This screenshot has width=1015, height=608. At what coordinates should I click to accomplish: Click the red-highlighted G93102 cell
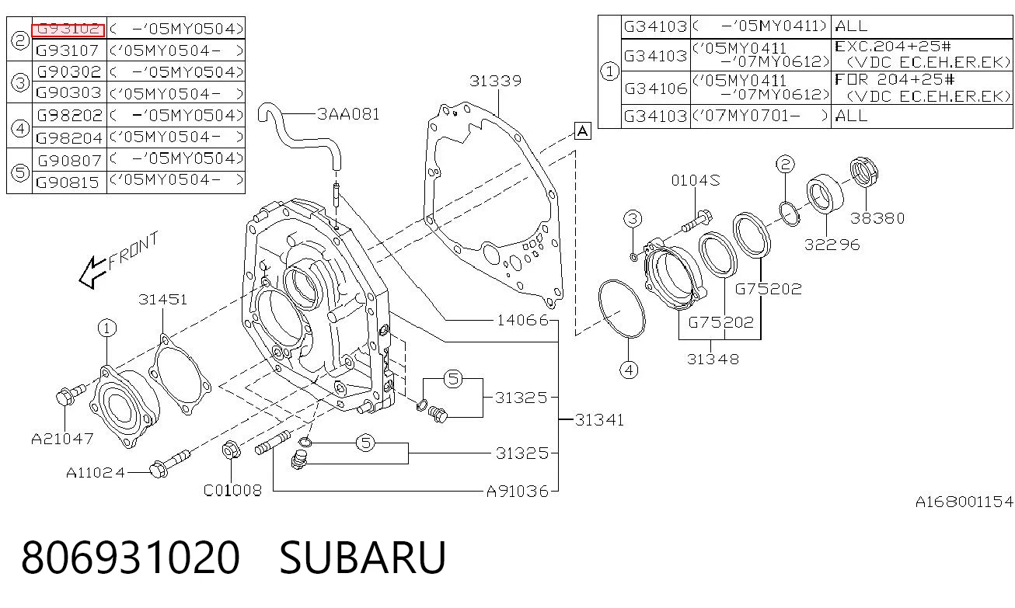(68, 30)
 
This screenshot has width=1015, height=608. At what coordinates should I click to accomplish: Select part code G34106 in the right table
(656, 88)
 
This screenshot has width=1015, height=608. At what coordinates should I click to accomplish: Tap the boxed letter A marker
(582, 131)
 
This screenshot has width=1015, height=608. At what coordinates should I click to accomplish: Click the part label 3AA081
(348, 114)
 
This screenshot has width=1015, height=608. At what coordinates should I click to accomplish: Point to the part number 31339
(495, 81)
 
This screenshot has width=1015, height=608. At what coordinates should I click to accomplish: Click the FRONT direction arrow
(93, 273)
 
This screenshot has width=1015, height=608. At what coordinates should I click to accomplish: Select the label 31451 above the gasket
(162, 299)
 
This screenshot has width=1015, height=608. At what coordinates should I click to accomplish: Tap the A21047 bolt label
(62, 438)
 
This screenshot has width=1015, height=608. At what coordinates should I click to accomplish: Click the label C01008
(232, 490)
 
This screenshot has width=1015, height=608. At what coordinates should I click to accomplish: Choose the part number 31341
(599, 420)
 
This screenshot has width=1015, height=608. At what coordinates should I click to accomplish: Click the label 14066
(523, 321)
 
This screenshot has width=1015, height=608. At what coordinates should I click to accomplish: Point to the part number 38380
(877, 218)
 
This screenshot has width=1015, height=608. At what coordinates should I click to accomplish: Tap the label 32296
(832, 245)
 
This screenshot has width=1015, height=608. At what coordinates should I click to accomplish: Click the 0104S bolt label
(696, 181)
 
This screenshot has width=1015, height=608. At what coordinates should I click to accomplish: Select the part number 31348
(713, 359)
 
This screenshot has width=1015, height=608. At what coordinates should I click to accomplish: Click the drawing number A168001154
(964, 502)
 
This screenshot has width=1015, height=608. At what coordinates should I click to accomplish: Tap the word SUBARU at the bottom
(362, 558)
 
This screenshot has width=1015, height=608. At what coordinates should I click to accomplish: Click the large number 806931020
(131, 558)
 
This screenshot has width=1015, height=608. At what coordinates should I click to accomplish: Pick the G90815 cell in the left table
(67, 182)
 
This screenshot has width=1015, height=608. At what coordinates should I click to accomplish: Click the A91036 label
(517, 492)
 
